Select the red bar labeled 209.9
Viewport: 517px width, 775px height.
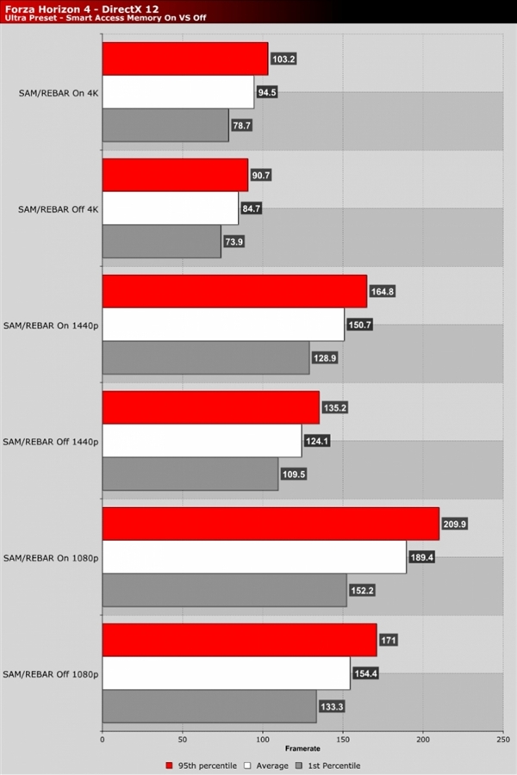(271, 524)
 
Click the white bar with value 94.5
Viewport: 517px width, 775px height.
(178, 92)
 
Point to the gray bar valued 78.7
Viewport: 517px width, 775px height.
(165, 125)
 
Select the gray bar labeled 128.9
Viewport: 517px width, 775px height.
(206, 357)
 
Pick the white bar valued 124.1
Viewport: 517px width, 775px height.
(202, 441)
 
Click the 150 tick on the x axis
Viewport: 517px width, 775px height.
(343, 738)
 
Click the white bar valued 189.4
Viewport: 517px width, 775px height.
(254, 557)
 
